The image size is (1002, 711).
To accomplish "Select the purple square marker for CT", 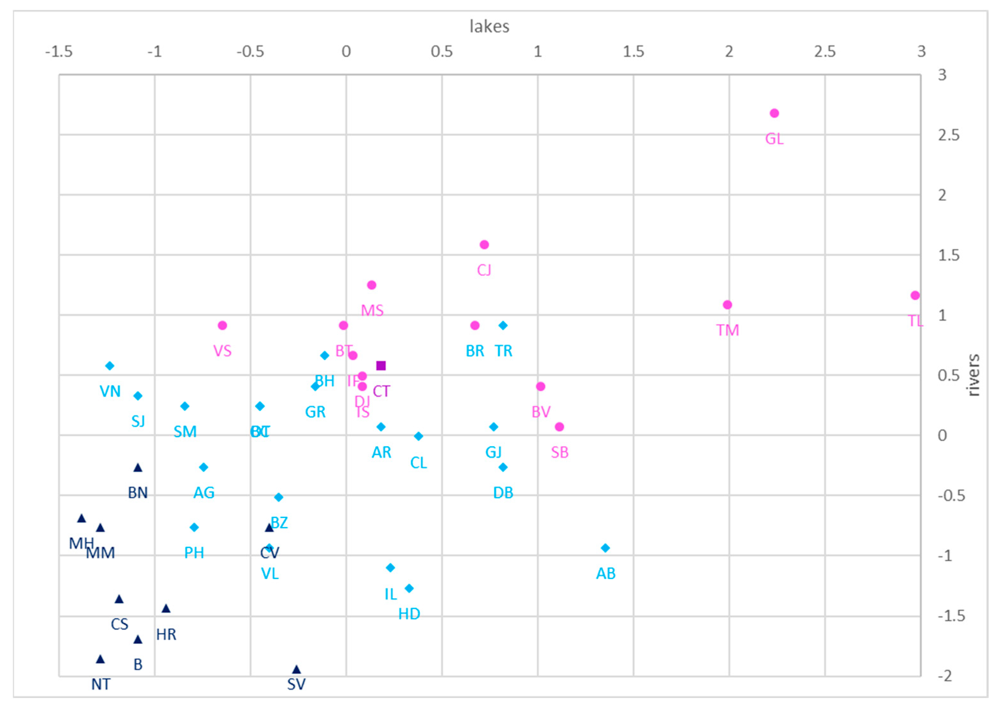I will click(381, 366).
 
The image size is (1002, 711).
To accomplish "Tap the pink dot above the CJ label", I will click(484, 245).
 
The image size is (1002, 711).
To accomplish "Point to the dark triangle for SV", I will click(297, 669).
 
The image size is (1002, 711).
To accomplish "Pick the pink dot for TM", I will click(727, 305).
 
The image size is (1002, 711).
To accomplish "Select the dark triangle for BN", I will click(138, 468).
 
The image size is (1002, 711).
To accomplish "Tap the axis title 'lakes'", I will click(489, 27).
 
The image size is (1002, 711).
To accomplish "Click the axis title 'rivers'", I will click(973, 375).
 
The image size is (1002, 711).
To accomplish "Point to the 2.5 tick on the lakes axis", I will click(825, 52).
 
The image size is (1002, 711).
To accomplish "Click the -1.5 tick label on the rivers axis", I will click(951, 616).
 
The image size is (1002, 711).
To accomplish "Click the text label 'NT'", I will click(101, 684).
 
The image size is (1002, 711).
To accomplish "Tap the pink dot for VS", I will click(222, 325).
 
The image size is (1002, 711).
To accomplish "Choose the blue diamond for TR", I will click(503, 325).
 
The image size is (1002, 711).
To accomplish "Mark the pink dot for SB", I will click(559, 427).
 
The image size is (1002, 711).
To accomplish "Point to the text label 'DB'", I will click(503, 493).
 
